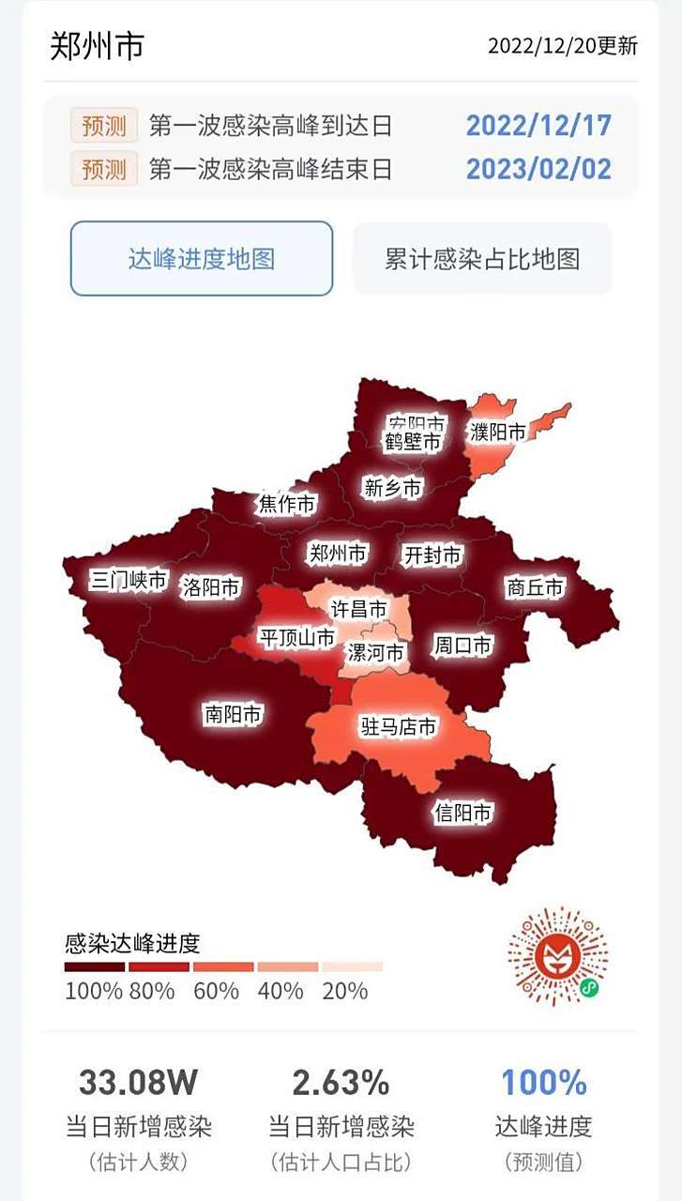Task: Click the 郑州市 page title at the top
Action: click(98, 45)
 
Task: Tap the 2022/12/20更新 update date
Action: click(562, 46)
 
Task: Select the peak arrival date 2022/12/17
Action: click(538, 125)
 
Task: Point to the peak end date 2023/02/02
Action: click(538, 169)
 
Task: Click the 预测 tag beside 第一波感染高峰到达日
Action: click(104, 125)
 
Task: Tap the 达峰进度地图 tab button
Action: click(202, 259)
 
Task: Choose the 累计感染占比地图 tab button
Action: click(482, 259)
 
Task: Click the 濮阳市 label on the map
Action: click(498, 432)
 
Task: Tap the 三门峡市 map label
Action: click(129, 580)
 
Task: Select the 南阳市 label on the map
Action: click(233, 714)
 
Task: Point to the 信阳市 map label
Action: click(462, 812)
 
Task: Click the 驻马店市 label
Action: click(399, 726)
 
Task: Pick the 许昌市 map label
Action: click(358, 609)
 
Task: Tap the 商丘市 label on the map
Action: click(535, 587)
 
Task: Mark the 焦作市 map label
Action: click(287, 505)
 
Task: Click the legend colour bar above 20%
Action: click(352, 966)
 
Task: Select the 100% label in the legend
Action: click(94, 991)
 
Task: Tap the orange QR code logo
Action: click(558, 956)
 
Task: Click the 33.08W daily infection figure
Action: click(138, 1083)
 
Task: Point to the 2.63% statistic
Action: click(341, 1083)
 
